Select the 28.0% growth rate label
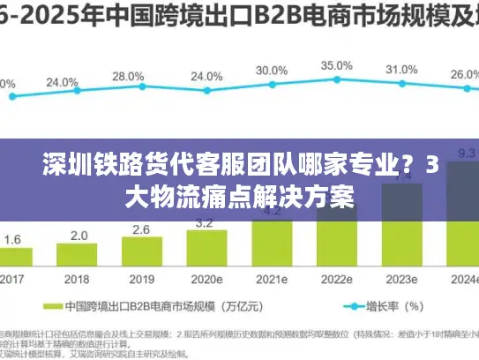129,76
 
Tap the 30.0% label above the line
271,70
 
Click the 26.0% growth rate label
465,75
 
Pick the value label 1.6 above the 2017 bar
13,239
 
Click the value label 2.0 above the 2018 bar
79,236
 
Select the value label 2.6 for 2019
141,229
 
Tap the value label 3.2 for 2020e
204,222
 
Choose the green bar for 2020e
206,249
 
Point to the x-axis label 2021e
272,278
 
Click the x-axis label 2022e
336,278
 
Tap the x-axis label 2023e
401,278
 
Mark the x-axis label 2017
12,278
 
